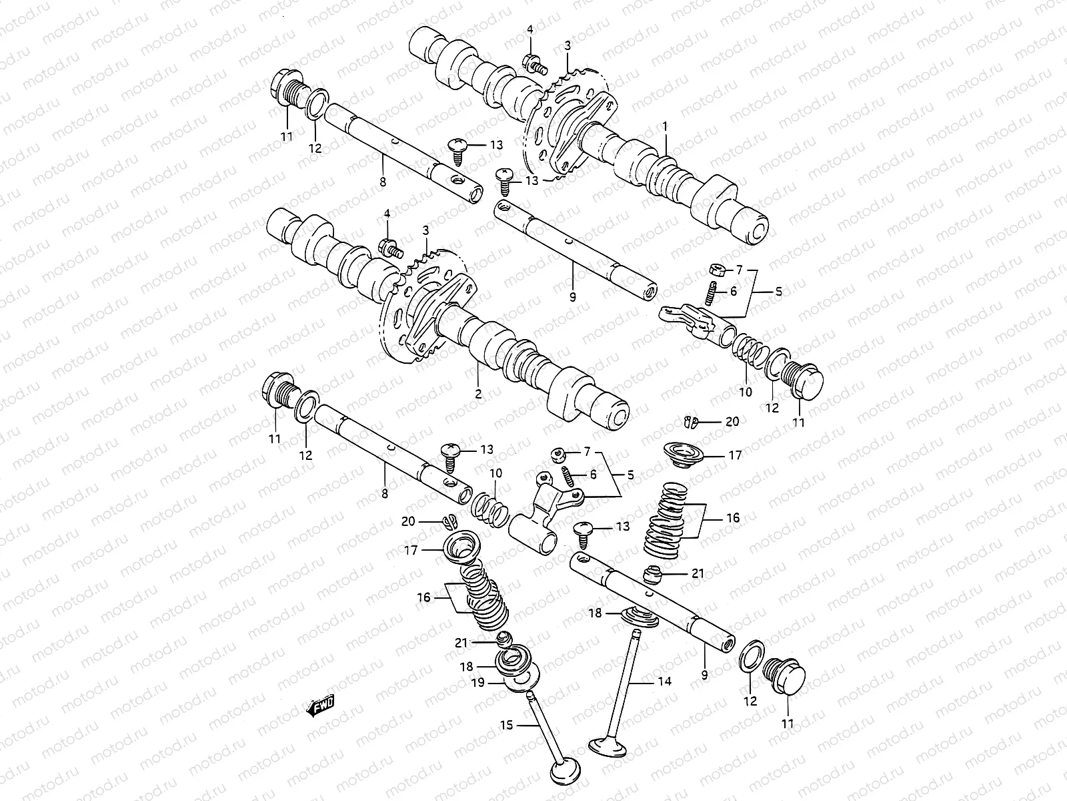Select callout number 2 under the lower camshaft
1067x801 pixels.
(478, 393)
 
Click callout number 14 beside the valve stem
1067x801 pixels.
(664, 682)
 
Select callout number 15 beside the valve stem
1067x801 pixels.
(507, 725)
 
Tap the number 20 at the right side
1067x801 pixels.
(732, 421)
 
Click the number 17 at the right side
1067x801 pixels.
(734, 456)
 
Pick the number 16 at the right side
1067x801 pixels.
(733, 517)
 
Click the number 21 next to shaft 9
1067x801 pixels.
(698, 573)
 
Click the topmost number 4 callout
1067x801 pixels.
(530, 29)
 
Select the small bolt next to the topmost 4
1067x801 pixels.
(534, 65)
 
